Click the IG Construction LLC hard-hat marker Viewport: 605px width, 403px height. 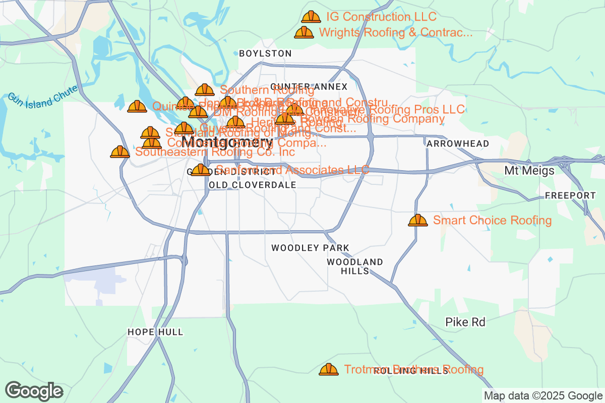(x=311, y=17)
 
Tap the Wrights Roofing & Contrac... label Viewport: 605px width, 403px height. (x=396, y=33)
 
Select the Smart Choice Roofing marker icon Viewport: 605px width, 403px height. (x=417, y=220)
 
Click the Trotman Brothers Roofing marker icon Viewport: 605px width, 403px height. (x=329, y=370)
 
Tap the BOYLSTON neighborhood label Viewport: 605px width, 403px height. (x=265, y=53)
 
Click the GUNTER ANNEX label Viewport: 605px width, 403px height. (x=309, y=87)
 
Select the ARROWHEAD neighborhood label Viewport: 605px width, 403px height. (x=457, y=144)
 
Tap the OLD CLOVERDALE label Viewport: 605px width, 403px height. (x=252, y=185)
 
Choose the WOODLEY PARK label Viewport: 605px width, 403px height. (x=310, y=248)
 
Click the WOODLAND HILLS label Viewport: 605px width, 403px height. (x=355, y=266)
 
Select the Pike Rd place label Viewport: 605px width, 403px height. (x=465, y=322)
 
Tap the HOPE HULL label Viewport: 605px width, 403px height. (x=155, y=332)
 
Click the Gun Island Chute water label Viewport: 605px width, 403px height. (x=43, y=96)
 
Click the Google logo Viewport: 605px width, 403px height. (x=34, y=390)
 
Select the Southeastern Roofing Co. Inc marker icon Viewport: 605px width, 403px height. (x=120, y=152)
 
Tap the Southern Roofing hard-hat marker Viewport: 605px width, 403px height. (x=205, y=90)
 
